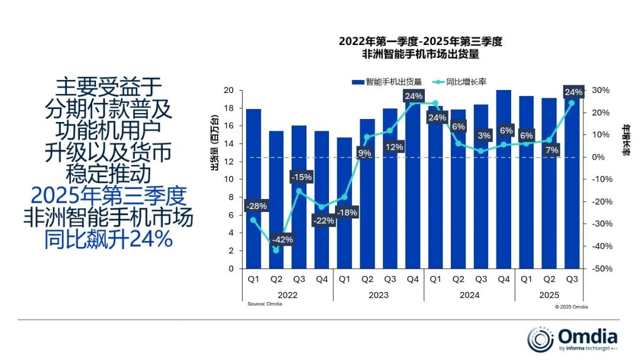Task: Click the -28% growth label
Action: click(x=255, y=206)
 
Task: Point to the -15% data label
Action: click(x=301, y=176)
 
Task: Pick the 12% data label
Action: click(x=390, y=147)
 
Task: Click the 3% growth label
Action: click(x=483, y=136)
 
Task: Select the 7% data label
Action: click(x=551, y=150)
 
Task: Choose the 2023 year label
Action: click(x=378, y=294)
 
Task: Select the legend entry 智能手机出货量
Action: click(x=388, y=82)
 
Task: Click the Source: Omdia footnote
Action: click(x=264, y=304)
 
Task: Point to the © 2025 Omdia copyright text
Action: click(x=571, y=307)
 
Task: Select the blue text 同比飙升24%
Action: click(x=108, y=239)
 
